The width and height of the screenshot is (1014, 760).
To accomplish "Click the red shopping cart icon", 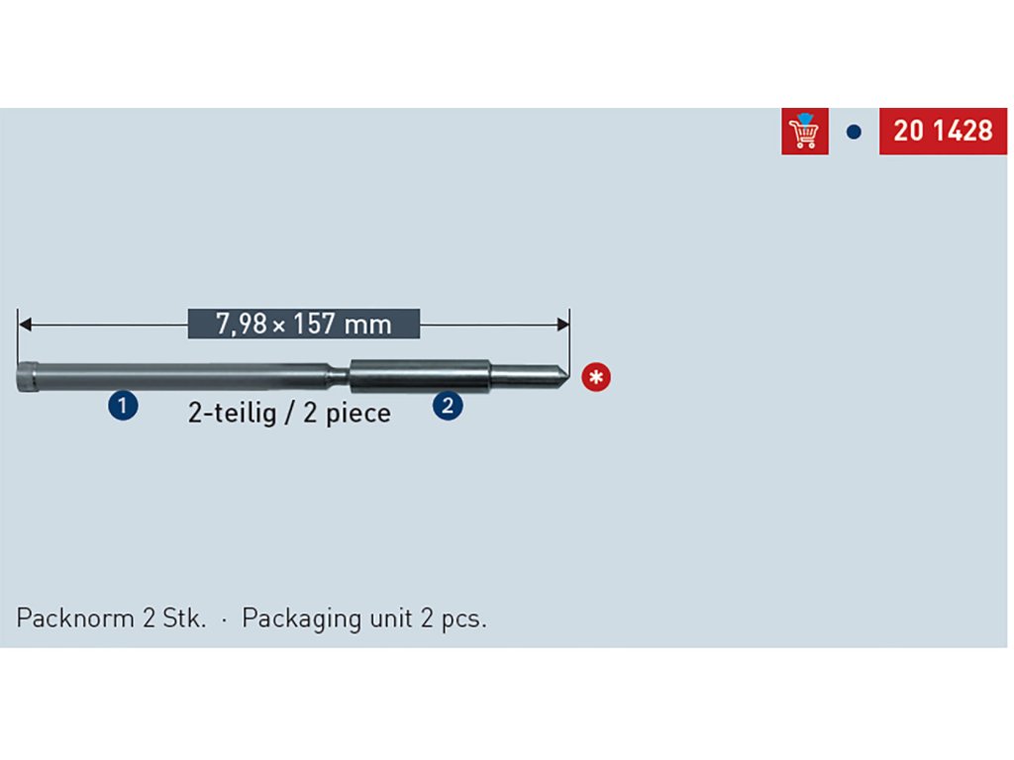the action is pyautogui.click(x=804, y=132).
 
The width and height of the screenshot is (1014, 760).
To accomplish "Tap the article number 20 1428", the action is pyautogui.click(x=942, y=132).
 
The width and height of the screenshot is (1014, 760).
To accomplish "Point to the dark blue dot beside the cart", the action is pyautogui.click(x=854, y=132).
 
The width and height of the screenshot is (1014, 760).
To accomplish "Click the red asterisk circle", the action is pyautogui.click(x=596, y=377).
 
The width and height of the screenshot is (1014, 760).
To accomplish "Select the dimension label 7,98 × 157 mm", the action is pyautogui.click(x=304, y=324).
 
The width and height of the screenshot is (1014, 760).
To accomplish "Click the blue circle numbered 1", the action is pyautogui.click(x=123, y=405).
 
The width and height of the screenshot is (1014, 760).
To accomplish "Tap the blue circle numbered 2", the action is pyautogui.click(x=448, y=405).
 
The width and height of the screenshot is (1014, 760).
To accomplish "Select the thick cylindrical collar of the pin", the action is pyautogui.click(x=420, y=374).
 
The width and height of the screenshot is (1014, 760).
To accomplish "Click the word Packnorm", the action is pyautogui.click(x=74, y=619).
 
